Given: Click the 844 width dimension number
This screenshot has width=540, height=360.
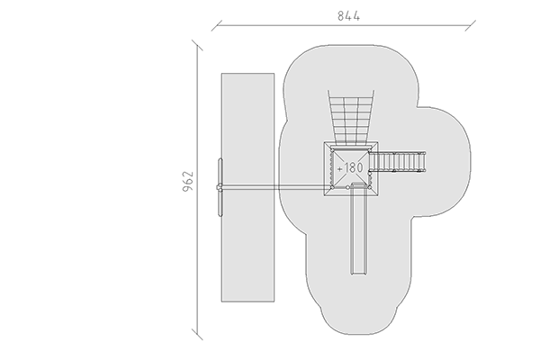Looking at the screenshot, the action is [x=348, y=16].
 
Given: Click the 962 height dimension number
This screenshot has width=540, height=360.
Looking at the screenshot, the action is [x=188, y=181].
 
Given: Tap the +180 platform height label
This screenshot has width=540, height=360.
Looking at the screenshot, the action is [x=350, y=168].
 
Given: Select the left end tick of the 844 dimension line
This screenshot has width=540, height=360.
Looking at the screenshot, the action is [x=217, y=25].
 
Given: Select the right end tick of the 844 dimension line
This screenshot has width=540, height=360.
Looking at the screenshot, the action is [x=470, y=25].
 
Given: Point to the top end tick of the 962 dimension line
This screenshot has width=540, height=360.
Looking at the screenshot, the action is [x=197, y=46].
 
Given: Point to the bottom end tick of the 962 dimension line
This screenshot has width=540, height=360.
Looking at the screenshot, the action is [x=197, y=334].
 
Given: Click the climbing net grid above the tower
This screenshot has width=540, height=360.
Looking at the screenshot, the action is [x=351, y=116].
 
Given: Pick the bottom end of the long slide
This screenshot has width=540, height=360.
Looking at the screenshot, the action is [x=358, y=274].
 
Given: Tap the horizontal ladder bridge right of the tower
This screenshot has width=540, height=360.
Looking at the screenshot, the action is [x=397, y=161].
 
